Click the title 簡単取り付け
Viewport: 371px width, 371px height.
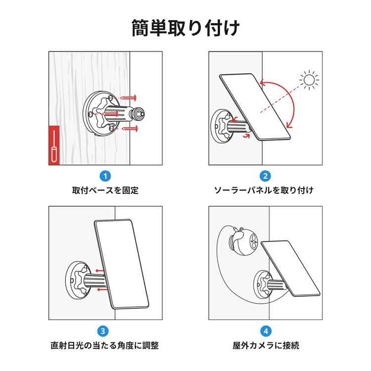185,28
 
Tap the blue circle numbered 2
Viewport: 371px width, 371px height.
265,176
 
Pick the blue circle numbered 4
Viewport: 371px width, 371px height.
265,330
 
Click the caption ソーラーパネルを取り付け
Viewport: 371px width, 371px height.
265,190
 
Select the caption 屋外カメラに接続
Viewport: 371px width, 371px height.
265,345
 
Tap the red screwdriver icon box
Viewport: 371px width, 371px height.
54,146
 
